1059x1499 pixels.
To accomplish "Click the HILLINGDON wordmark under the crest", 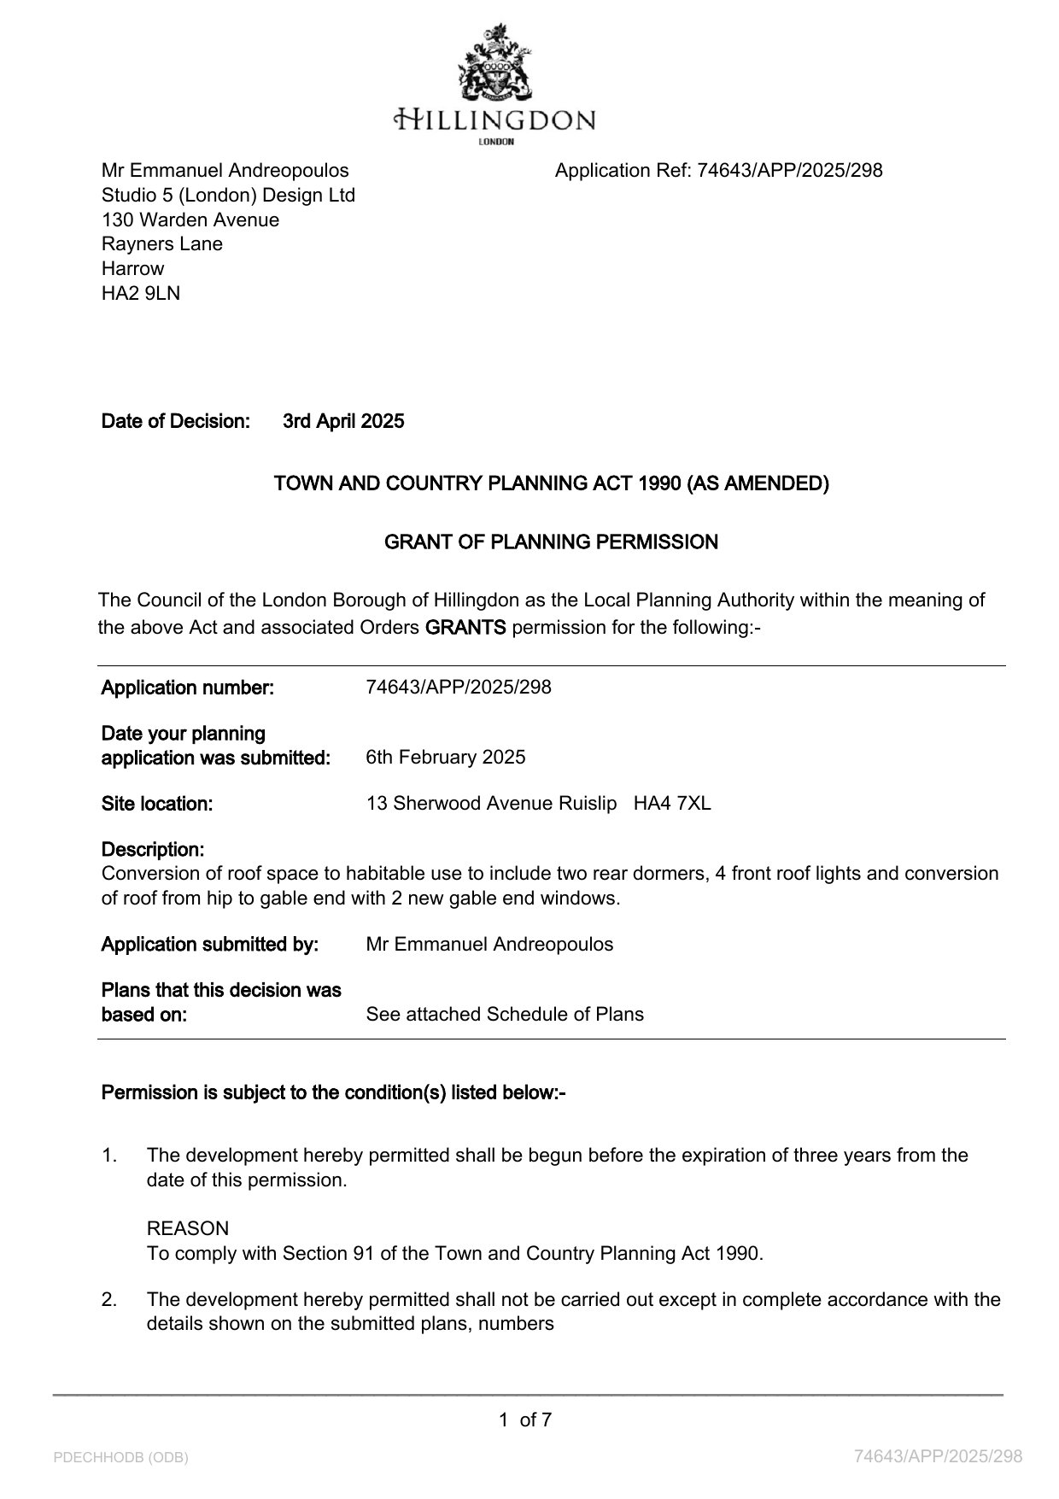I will [x=494, y=119].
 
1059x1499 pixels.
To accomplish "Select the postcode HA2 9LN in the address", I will [x=141, y=294].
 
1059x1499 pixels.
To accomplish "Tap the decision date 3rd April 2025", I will [x=343, y=421].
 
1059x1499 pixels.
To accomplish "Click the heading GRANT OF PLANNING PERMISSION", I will [x=551, y=542].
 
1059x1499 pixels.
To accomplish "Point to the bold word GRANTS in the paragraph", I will [x=465, y=628].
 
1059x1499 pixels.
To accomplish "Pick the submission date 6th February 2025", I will [x=445, y=758].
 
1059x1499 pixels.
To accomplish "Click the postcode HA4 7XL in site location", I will [x=672, y=804].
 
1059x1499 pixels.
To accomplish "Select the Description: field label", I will [x=153, y=850].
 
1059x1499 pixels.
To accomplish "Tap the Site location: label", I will [x=157, y=804].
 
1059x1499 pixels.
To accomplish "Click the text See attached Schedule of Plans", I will [x=505, y=1015].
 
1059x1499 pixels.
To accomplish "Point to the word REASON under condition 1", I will [x=188, y=1229].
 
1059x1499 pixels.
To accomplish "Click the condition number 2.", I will [x=108, y=1300].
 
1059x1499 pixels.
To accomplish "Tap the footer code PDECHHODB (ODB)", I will [x=120, y=1457].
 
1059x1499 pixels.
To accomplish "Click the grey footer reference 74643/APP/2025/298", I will [x=938, y=1456].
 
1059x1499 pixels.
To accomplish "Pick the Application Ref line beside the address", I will [x=718, y=171].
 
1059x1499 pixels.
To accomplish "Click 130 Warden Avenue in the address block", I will [x=190, y=220].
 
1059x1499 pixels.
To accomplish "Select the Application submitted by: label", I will [x=210, y=945].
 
